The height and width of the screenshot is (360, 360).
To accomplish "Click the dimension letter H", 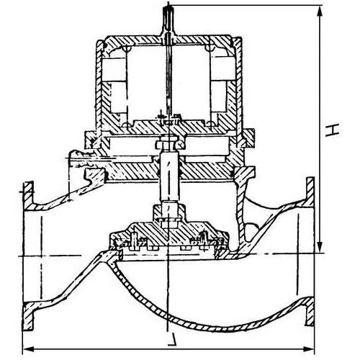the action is pyautogui.click(x=332, y=130).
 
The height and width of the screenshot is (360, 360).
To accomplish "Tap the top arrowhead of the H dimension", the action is pyautogui.click(x=320, y=12).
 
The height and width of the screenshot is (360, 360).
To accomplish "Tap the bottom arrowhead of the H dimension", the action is pyautogui.click(x=320, y=246).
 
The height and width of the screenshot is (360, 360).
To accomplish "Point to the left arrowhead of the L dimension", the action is pyautogui.click(x=29, y=348).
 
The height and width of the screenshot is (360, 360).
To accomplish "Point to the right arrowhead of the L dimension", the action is pyautogui.click(x=308, y=348).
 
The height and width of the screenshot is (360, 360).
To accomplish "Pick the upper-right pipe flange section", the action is pyautogui.click(x=310, y=192).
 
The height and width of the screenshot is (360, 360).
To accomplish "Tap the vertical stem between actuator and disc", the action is pyautogui.click(x=169, y=178).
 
